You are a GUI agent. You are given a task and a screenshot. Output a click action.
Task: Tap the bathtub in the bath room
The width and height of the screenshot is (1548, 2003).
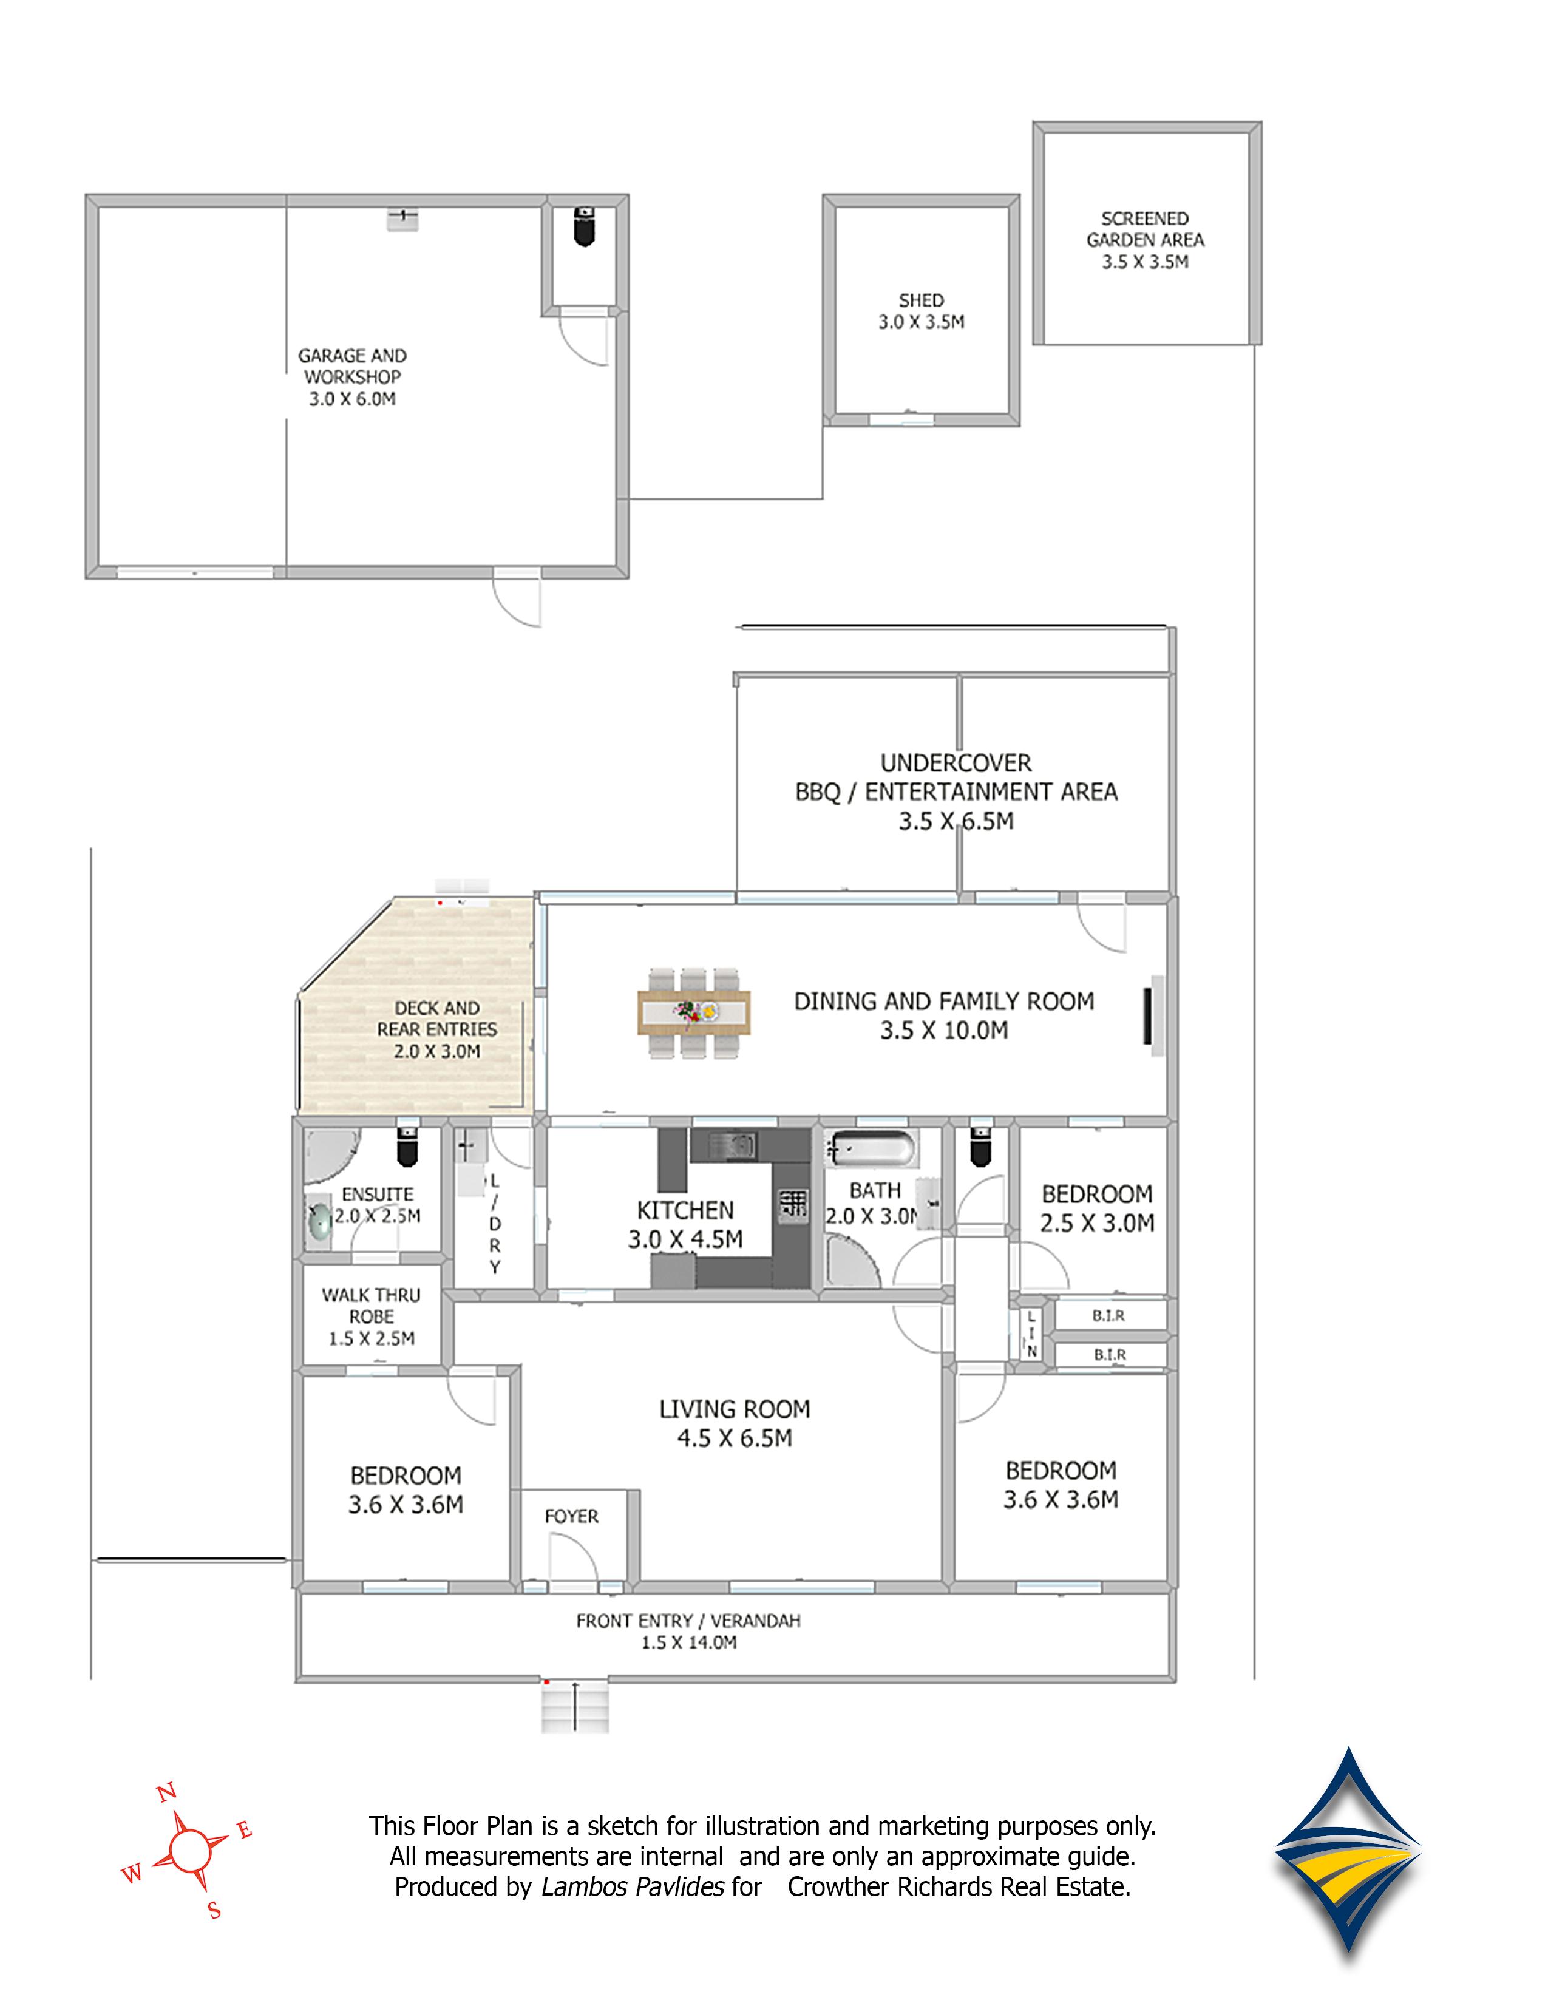coord(871,1148)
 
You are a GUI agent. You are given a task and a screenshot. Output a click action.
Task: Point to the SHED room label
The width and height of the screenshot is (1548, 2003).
coord(921,311)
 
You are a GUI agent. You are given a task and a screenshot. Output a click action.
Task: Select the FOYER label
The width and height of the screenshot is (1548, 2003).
coord(571,1516)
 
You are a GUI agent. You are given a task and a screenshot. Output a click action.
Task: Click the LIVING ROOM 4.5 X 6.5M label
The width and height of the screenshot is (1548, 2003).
coord(735,1423)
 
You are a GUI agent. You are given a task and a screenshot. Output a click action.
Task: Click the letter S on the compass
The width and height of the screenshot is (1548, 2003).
coord(214,1911)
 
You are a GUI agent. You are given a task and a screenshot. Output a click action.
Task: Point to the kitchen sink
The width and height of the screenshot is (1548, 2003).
coord(731,1145)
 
